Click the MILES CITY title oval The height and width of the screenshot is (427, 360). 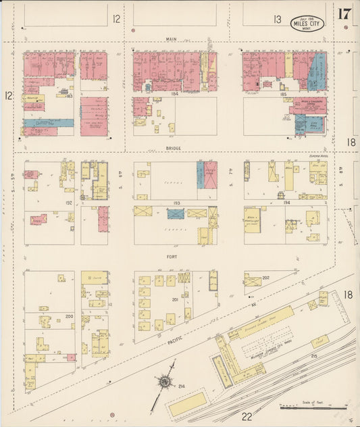[307, 23]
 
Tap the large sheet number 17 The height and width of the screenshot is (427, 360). [344, 14]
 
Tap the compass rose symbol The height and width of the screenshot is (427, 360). [164, 382]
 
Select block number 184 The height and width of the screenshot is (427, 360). [174, 94]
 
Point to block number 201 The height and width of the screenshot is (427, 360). [176, 300]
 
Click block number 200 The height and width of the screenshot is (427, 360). [68, 316]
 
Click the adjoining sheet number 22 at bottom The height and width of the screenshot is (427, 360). [248, 417]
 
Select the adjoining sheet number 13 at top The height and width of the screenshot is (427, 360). [277, 20]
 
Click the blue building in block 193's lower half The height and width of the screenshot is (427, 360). [176, 214]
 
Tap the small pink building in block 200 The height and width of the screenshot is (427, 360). [71, 357]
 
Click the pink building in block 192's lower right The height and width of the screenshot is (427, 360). [103, 219]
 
